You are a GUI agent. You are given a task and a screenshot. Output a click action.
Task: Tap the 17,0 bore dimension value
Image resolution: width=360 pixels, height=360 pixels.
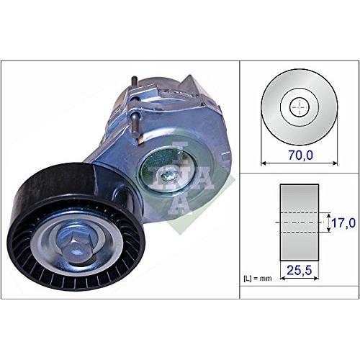(343, 224)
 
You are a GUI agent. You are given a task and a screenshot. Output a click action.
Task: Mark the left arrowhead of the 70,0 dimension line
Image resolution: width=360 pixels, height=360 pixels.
(262, 162)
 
